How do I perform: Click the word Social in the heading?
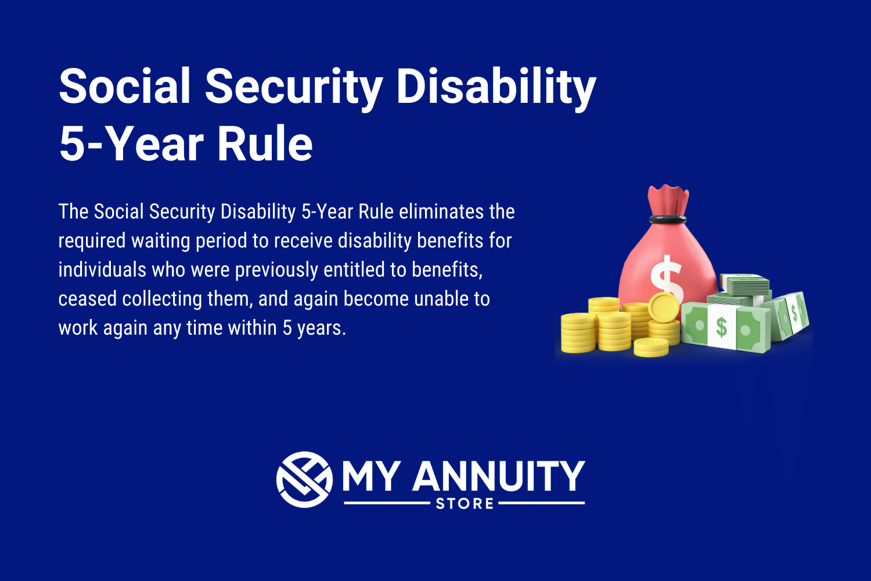pyautogui.click(x=125, y=86)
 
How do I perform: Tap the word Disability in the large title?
pyautogui.click(x=496, y=87)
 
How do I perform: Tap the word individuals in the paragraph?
pyautogui.click(x=102, y=270)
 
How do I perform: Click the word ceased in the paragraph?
pyautogui.click(x=88, y=299)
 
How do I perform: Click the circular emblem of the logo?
pyautogui.click(x=304, y=479)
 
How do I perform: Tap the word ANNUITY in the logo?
pyautogui.click(x=498, y=476)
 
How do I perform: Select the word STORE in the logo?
pyautogui.click(x=465, y=503)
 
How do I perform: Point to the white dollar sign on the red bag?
pyautogui.click(x=666, y=278)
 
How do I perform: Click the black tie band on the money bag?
pyautogui.click(x=668, y=219)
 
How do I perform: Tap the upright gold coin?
pyautogui.click(x=664, y=307)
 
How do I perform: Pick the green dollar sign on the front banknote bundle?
pyautogui.click(x=721, y=327)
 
